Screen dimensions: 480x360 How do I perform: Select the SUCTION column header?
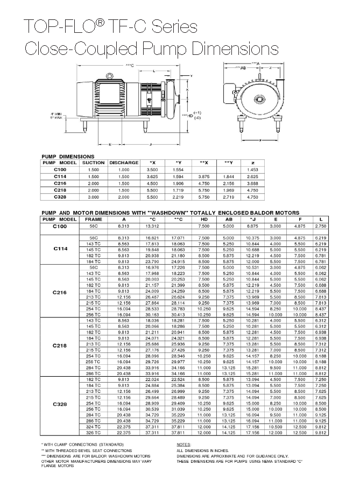coord(93,162)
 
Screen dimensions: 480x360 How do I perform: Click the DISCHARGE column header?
coord(123,162)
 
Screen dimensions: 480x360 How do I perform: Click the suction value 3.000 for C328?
coord(93,197)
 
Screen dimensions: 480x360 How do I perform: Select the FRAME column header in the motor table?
coord(93,220)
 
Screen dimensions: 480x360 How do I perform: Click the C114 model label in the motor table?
coord(60,249)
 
